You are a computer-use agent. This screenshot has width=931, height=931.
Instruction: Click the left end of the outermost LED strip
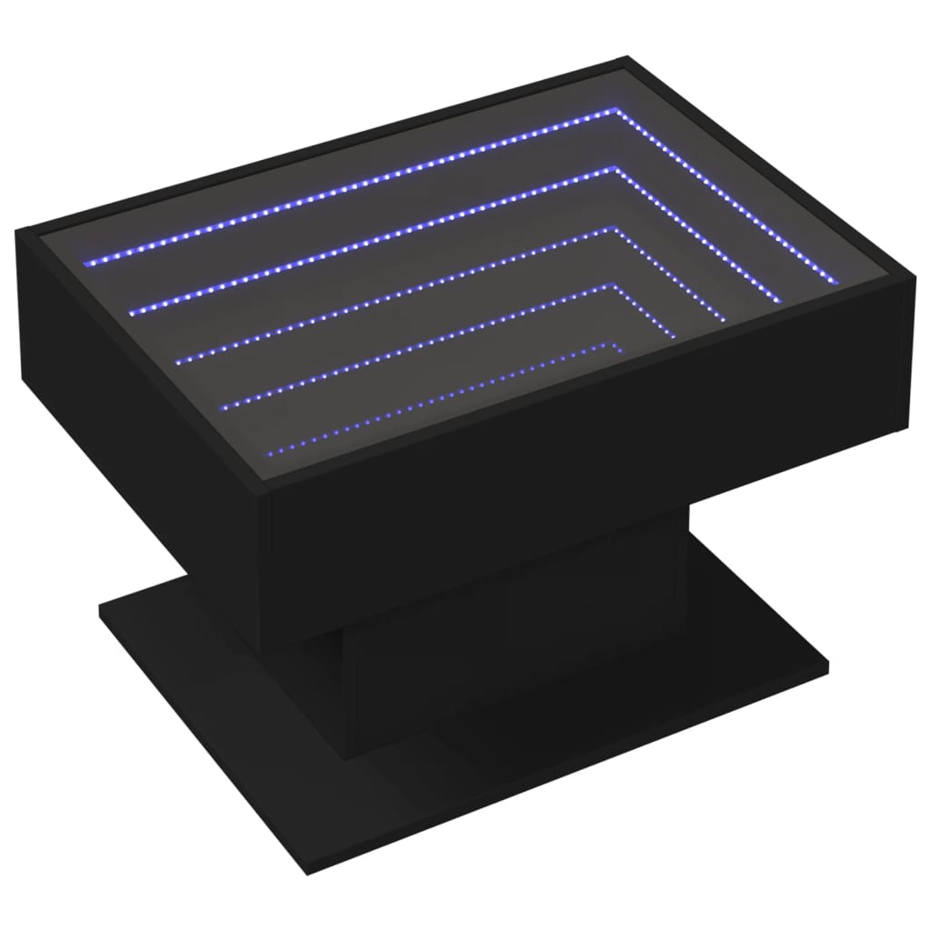tap(86, 264)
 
